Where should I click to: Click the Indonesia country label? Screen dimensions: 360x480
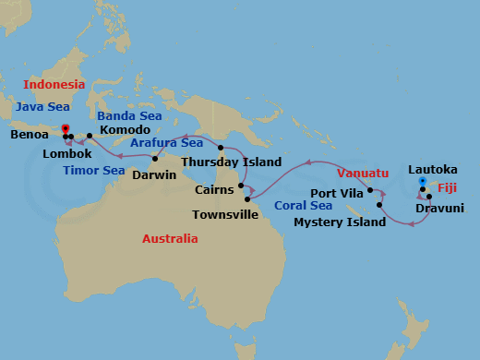[x=54, y=84]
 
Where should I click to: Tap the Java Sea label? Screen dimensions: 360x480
[x=42, y=107]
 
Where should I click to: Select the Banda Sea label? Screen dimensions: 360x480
[x=130, y=116]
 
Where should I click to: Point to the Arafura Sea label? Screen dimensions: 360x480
[x=167, y=143]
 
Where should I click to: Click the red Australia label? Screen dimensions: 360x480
[x=170, y=238]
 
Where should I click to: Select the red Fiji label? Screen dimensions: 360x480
[x=448, y=187]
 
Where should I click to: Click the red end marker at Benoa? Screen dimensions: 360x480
[x=65, y=130]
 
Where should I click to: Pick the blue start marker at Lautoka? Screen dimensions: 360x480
[x=422, y=180]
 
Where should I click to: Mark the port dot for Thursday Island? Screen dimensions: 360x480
[x=220, y=148]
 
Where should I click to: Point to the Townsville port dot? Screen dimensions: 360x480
[x=247, y=198]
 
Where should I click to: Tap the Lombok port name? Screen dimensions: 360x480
[x=67, y=153]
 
